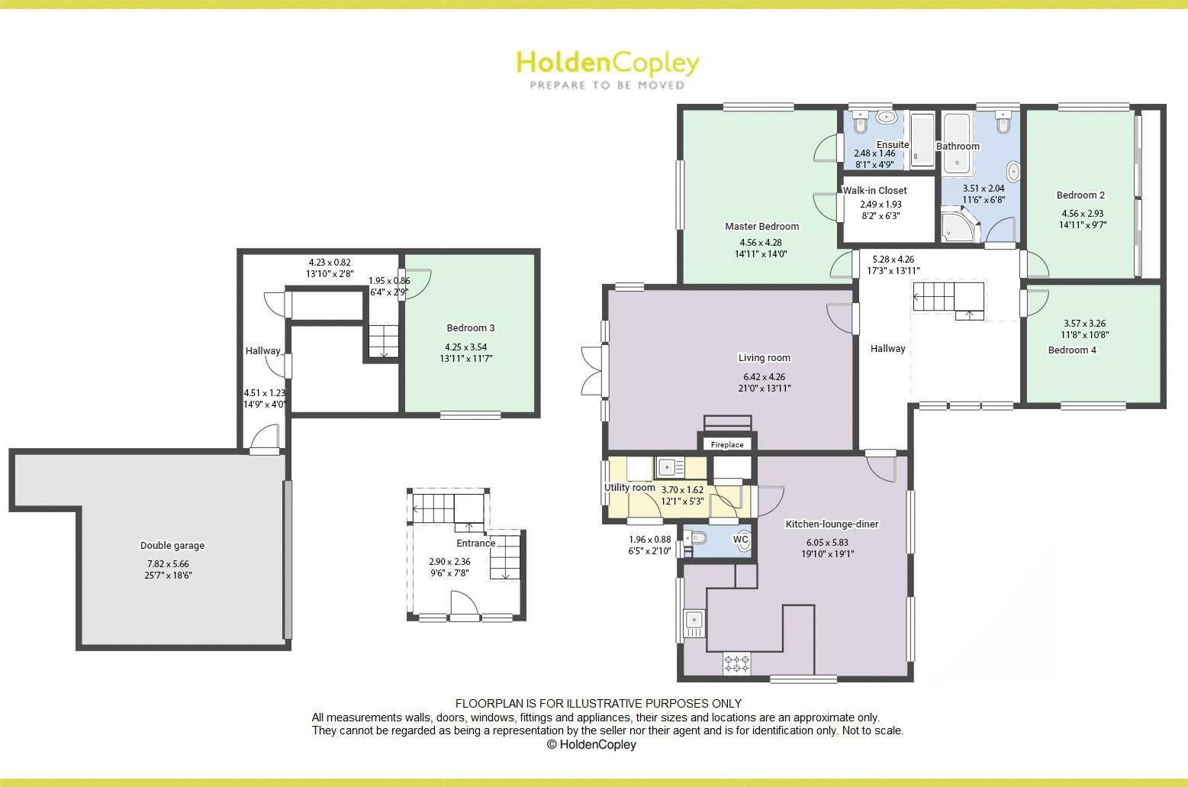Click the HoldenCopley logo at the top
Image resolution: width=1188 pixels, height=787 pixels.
coord(607,69)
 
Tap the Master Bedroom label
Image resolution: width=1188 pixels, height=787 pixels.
coord(761,226)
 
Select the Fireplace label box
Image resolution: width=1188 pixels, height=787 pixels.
coord(726,444)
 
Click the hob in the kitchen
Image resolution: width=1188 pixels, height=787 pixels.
coord(736,663)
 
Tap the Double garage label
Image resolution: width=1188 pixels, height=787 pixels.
coord(172,546)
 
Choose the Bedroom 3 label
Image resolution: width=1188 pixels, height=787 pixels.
coord(470,328)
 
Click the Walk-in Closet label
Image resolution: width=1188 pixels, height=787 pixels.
coord(874,190)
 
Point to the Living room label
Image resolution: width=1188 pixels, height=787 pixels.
coord(764,358)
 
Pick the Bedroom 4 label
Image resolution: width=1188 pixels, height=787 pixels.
coord(1071,350)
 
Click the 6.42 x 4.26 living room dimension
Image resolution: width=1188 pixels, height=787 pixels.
coord(764,376)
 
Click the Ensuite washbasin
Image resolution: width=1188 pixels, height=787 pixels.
coord(887,118)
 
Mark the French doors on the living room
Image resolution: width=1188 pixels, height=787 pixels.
coord(592,371)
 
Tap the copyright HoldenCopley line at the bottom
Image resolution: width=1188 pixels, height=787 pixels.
coord(591,745)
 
